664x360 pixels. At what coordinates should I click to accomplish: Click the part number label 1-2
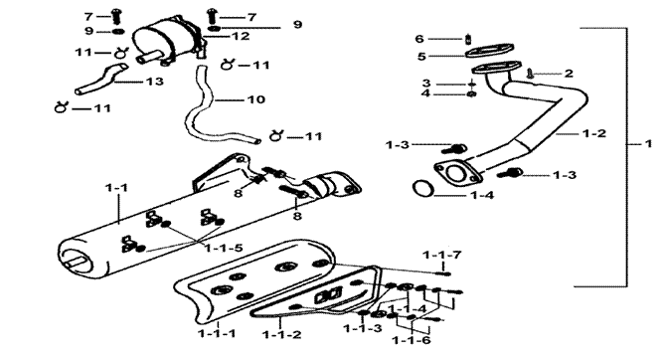(x=594, y=133)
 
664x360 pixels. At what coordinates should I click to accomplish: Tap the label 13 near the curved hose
(x=154, y=81)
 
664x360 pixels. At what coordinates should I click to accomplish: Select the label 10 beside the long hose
(x=255, y=99)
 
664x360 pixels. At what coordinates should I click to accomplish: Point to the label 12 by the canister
(x=241, y=37)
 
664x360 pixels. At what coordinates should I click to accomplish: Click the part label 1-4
(x=483, y=195)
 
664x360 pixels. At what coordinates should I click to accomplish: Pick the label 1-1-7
(x=442, y=255)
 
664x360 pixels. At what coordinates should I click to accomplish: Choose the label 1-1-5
(x=224, y=248)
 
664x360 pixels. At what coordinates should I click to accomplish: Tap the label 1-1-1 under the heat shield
(x=217, y=334)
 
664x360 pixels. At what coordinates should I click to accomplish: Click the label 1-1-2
(x=281, y=335)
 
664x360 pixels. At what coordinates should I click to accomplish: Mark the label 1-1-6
(x=412, y=340)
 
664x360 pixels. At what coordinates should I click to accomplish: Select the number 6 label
(x=419, y=39)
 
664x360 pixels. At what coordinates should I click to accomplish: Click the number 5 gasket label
(x=421, y=57)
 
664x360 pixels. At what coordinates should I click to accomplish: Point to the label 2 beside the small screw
(x=569, y=74)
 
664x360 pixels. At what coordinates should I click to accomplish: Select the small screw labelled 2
(x=530, y=74)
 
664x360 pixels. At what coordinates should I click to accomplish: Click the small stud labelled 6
(x=468, y=39)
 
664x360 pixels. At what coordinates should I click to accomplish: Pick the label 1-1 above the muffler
(x=116, y=187)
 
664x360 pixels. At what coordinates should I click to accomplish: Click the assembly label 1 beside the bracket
(x=648, y=144)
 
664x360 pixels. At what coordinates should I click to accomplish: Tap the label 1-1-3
(x=363, y=328)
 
